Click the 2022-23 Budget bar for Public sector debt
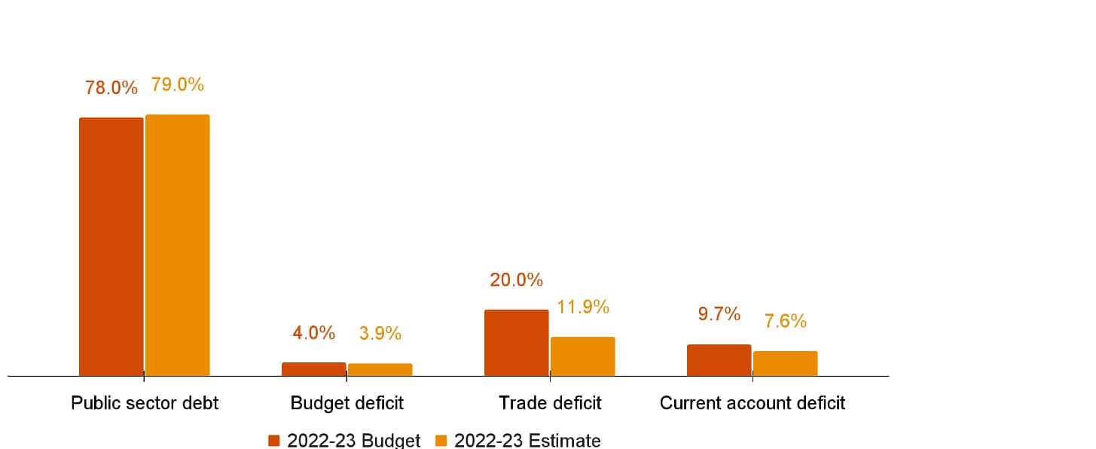(x=111, y=246)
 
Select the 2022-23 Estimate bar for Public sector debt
(x=177, y=245)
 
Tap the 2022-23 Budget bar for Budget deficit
(x=313, y=369)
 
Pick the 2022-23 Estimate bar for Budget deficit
(x=380, y=370)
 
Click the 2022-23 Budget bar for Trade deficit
(x=516, y=342)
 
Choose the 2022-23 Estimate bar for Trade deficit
(x=582, y=356)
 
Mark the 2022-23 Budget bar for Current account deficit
(x=719, y=360)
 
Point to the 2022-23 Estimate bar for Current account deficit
(x=785, y=363)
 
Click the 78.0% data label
(x=111, y=87)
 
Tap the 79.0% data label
(x=178, y=84)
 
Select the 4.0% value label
(x=313, y=333)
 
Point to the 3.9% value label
(x=380, y=334)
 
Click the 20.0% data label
(x=516, y=280)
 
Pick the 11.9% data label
(x=583, y=307)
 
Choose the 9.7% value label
(x=719, y=315)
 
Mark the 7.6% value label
(x=786, y=322)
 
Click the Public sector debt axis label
(x=145, y=403)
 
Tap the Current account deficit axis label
(x=753, y=403)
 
